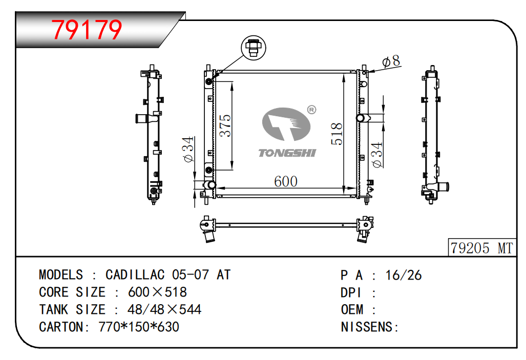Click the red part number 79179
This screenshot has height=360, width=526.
(87, 30)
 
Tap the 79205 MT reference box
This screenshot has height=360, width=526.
(482, 248)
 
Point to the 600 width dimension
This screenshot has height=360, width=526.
(285, 181)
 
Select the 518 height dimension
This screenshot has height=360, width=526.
(336, 134)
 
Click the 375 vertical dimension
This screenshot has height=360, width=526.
(225, 126)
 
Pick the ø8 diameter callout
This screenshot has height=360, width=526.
(391, 61)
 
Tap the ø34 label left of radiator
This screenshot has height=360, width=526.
(188, 150)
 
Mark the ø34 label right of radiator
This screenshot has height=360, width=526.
(377, 155)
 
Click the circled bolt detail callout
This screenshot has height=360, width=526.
(254, 48)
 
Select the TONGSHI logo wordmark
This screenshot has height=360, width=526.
(287, 153)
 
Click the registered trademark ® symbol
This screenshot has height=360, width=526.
(311, 110)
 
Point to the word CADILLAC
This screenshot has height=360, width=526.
(135, 275)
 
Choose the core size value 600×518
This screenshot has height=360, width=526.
(157, 292)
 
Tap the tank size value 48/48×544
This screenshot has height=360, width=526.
(164, 309)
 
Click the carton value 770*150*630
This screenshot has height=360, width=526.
(139, 327)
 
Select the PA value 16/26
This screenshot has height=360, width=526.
(403, 276)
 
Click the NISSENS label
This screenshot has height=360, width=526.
(369, 327)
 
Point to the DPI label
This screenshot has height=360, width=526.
(351, 292)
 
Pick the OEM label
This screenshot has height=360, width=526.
(352, 310)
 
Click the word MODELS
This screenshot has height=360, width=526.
(61, 275)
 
